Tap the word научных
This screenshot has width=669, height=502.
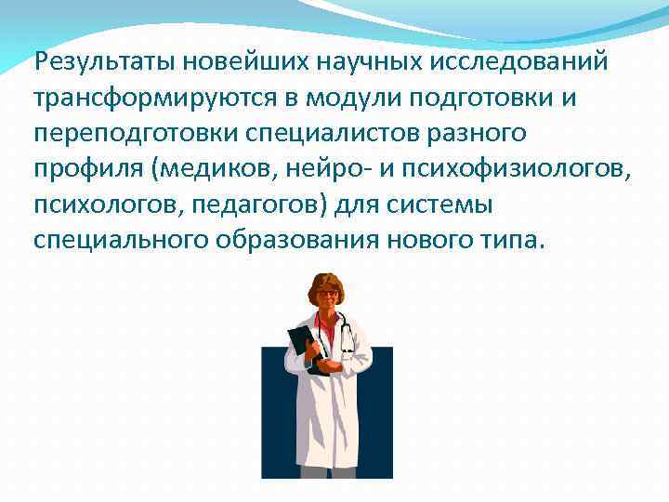pos(359,63)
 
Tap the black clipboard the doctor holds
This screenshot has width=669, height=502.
pos(301,343)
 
